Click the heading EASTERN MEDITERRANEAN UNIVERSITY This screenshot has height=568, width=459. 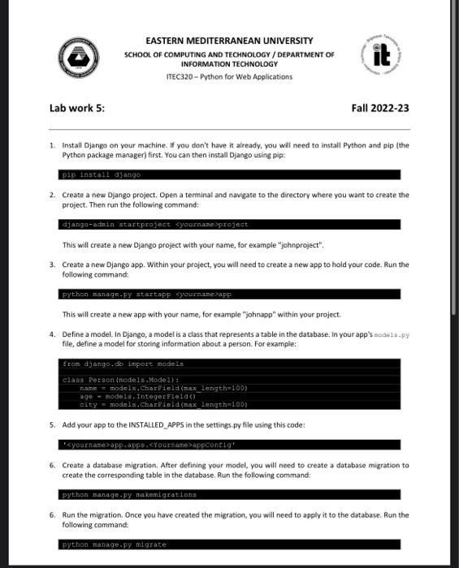(228, 41)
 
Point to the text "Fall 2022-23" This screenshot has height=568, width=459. (380, 109)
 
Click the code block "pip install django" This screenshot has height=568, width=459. (102, 174)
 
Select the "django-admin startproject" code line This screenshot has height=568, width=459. (155, 224)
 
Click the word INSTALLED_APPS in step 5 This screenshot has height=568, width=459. (154, 424)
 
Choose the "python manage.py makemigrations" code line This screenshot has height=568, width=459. (130, 494)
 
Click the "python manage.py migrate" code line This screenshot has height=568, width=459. (114, 544)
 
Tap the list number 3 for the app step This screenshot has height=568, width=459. (52, 265)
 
